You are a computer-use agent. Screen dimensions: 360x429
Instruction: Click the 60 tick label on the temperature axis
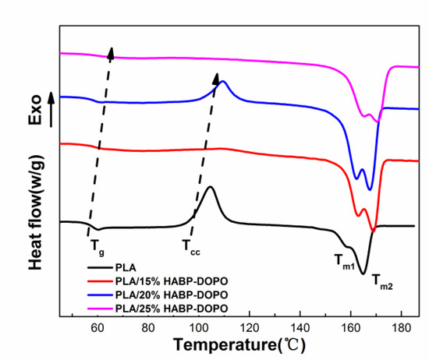[x=97, y=328]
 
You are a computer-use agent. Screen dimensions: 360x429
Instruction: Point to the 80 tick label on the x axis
[x=148, y=328]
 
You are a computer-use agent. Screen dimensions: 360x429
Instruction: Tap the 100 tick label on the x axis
[x=198, y=328]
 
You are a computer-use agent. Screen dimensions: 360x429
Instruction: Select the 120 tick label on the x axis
[x=249, y=328]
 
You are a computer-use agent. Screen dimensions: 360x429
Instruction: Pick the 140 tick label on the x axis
[x=300, y=328]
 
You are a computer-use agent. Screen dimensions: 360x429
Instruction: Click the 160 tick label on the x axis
[x=350, y=328]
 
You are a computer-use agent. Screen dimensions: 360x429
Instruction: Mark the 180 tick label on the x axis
[x=401, y=328]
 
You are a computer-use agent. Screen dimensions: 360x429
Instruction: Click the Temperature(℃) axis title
[x=240, y=344]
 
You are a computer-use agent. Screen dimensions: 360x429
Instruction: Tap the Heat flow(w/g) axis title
[x=36, y=213]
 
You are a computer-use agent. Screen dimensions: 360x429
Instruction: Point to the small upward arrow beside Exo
[x=51, y=108]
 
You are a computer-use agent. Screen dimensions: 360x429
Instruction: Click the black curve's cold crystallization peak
[x=210, y=187]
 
